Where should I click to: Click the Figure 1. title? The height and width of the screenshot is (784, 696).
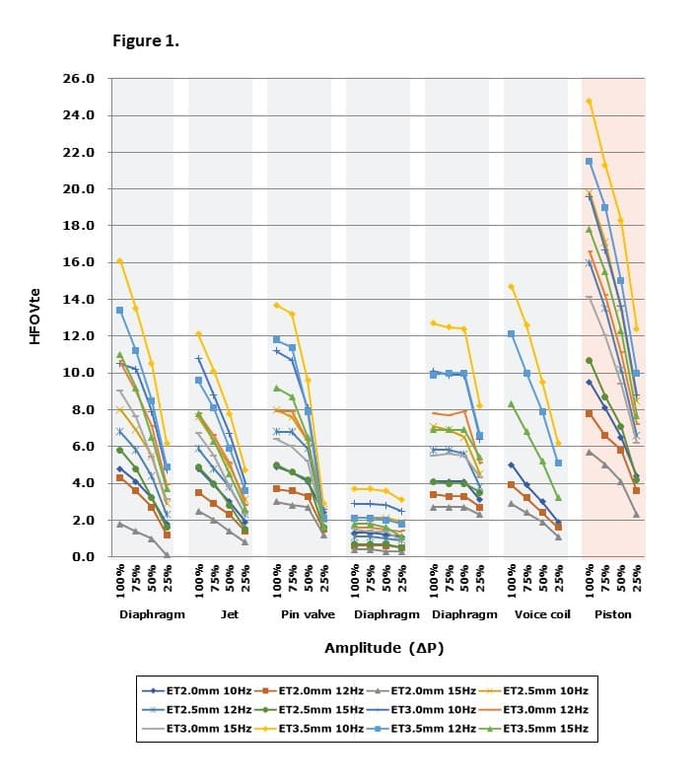click(146, 40)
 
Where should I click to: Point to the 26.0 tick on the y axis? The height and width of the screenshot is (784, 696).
click(79, 79)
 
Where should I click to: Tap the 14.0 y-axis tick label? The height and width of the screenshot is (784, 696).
click(79, 299)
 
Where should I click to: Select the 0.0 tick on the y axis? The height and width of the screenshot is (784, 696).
click(83, 556)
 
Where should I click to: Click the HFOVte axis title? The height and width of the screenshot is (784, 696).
click(35, 317)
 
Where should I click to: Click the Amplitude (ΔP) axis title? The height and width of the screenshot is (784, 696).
click(384, 648)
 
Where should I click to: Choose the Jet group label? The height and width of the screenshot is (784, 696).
click(230, 614)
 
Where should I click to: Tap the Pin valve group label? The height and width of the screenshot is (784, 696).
click(308, 614)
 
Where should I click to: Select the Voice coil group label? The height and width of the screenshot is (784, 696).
click(542, 614)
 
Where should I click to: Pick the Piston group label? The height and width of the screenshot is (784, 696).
click(613, 614)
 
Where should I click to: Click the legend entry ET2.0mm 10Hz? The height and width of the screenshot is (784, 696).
click(197, 690)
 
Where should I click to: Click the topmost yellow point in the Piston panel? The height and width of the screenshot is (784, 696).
click(589, 101)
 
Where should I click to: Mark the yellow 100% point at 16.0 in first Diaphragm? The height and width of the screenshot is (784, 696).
click(120, 261)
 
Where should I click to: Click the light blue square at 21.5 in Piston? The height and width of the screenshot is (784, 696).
click(589, 161)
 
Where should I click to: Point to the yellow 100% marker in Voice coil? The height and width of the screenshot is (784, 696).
click(511, 287)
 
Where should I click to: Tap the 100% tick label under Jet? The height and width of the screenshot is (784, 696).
click(199, 581)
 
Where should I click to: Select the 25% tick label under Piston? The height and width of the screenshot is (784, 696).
click(637, 578)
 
